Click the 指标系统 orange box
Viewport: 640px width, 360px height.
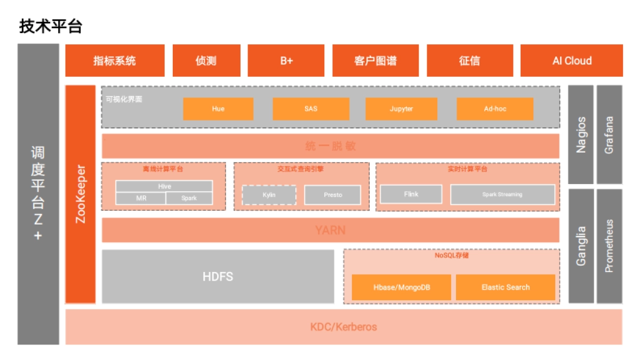115,60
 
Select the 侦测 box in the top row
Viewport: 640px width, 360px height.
206,60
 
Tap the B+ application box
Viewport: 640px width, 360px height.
286,60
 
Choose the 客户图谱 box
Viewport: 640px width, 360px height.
375,60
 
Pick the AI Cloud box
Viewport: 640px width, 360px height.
572,60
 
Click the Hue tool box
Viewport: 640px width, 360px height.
218,109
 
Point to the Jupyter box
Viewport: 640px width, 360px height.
401,109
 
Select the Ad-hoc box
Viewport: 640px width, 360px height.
495,109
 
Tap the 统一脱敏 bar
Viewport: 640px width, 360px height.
331,146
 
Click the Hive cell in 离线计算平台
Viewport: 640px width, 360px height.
164,186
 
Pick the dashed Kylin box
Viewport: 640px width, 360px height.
269,195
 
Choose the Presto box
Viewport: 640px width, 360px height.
333,195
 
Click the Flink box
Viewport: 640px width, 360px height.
411,194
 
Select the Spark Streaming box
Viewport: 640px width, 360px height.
502,195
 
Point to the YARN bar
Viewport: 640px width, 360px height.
331,230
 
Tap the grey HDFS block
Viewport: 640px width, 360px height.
218,277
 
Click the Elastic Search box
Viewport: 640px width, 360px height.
506,287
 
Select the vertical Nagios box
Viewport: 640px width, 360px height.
581,134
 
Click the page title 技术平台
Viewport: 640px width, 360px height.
51,26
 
